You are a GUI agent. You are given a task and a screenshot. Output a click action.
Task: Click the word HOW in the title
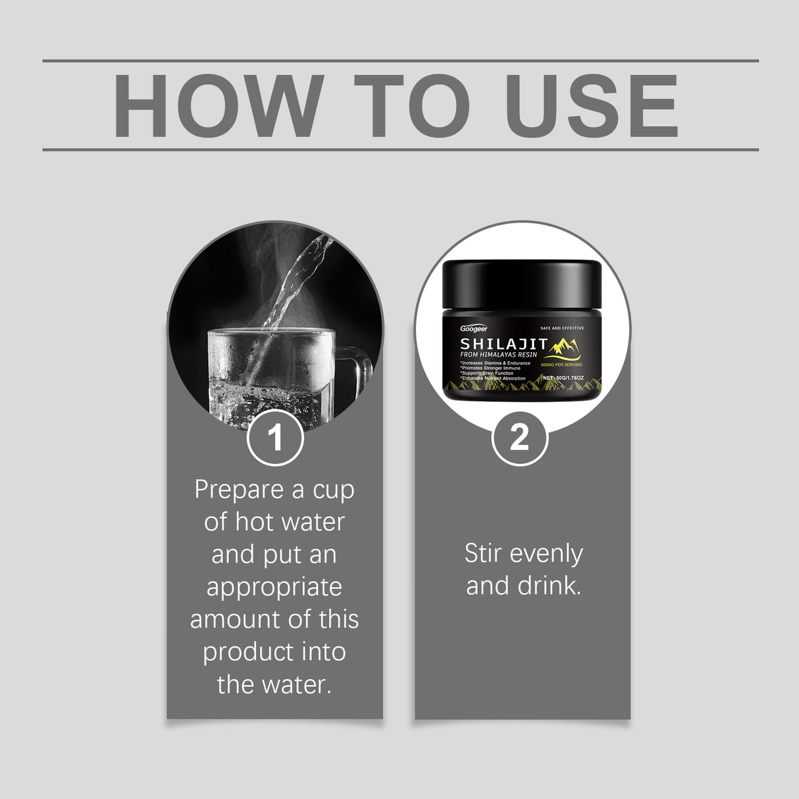tap(217, 106)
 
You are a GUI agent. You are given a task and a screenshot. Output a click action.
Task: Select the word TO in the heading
tap(411, 106)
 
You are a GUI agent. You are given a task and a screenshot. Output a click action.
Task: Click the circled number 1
tap(275, 437)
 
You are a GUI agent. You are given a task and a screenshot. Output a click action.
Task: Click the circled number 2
tap(520, 437)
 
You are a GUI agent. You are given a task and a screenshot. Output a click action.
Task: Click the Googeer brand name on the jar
tap(474, 328)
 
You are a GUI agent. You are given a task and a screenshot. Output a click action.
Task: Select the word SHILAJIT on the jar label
tap(503, 344)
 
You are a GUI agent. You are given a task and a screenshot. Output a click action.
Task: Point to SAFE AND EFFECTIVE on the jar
tap(561, 328)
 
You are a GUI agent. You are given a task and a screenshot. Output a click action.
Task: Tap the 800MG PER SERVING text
tap(561, 365)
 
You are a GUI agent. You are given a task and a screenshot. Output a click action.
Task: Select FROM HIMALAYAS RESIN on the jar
tap(499, 355)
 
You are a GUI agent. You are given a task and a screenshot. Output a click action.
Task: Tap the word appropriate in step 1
tap(274, 587)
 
